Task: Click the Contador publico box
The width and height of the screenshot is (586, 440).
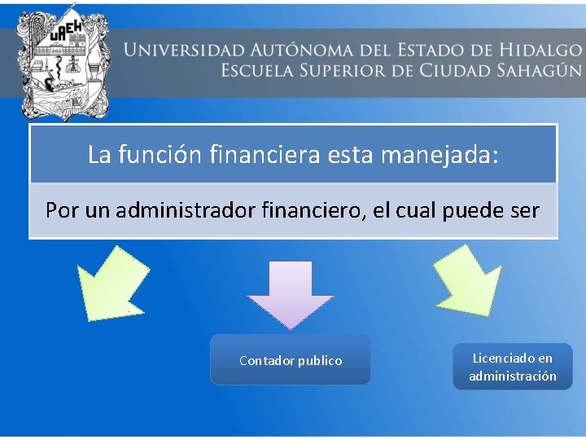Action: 290,360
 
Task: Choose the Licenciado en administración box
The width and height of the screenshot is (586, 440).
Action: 513,367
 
